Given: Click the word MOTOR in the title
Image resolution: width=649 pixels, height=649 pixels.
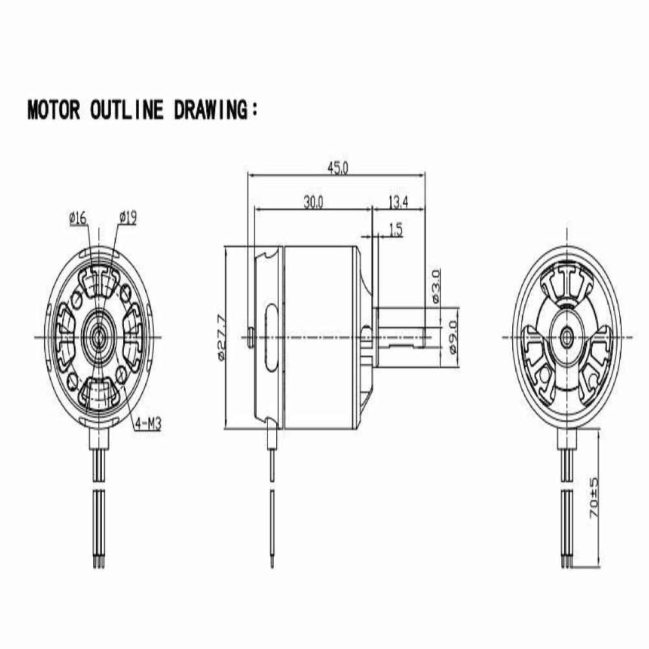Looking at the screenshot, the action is click(x=54, y=110).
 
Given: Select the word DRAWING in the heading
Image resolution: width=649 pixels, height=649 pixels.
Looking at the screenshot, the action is click(x=211, y=110).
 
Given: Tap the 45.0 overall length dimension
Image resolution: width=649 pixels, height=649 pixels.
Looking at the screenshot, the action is click(x=338, y=168).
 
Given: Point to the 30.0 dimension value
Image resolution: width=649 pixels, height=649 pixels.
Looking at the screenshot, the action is click(x=313, y=202).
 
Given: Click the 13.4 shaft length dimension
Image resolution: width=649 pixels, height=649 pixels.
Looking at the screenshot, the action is click(x=398, y=202).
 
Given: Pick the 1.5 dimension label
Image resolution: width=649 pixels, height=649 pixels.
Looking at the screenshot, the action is click(x=395, y=230).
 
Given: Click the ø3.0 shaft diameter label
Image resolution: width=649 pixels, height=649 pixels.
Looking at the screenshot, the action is click(x=435, y=286).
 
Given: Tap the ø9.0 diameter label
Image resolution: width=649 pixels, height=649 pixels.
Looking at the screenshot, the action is click(x=453, y=337).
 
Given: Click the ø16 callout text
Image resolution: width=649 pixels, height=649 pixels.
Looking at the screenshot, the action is click(x=78, y=218).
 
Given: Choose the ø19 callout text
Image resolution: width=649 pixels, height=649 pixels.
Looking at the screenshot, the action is click(x=128, y=218).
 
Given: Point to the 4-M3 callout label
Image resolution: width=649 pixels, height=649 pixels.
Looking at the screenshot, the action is click(x=147, y=423).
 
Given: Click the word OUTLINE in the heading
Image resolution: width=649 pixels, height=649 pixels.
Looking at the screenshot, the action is click(x=126, y=110).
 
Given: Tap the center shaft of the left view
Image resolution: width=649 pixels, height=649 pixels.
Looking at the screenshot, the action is click(x=99, y=336).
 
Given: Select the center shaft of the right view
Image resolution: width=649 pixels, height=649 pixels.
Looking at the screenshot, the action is click(x=566, y=336).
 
